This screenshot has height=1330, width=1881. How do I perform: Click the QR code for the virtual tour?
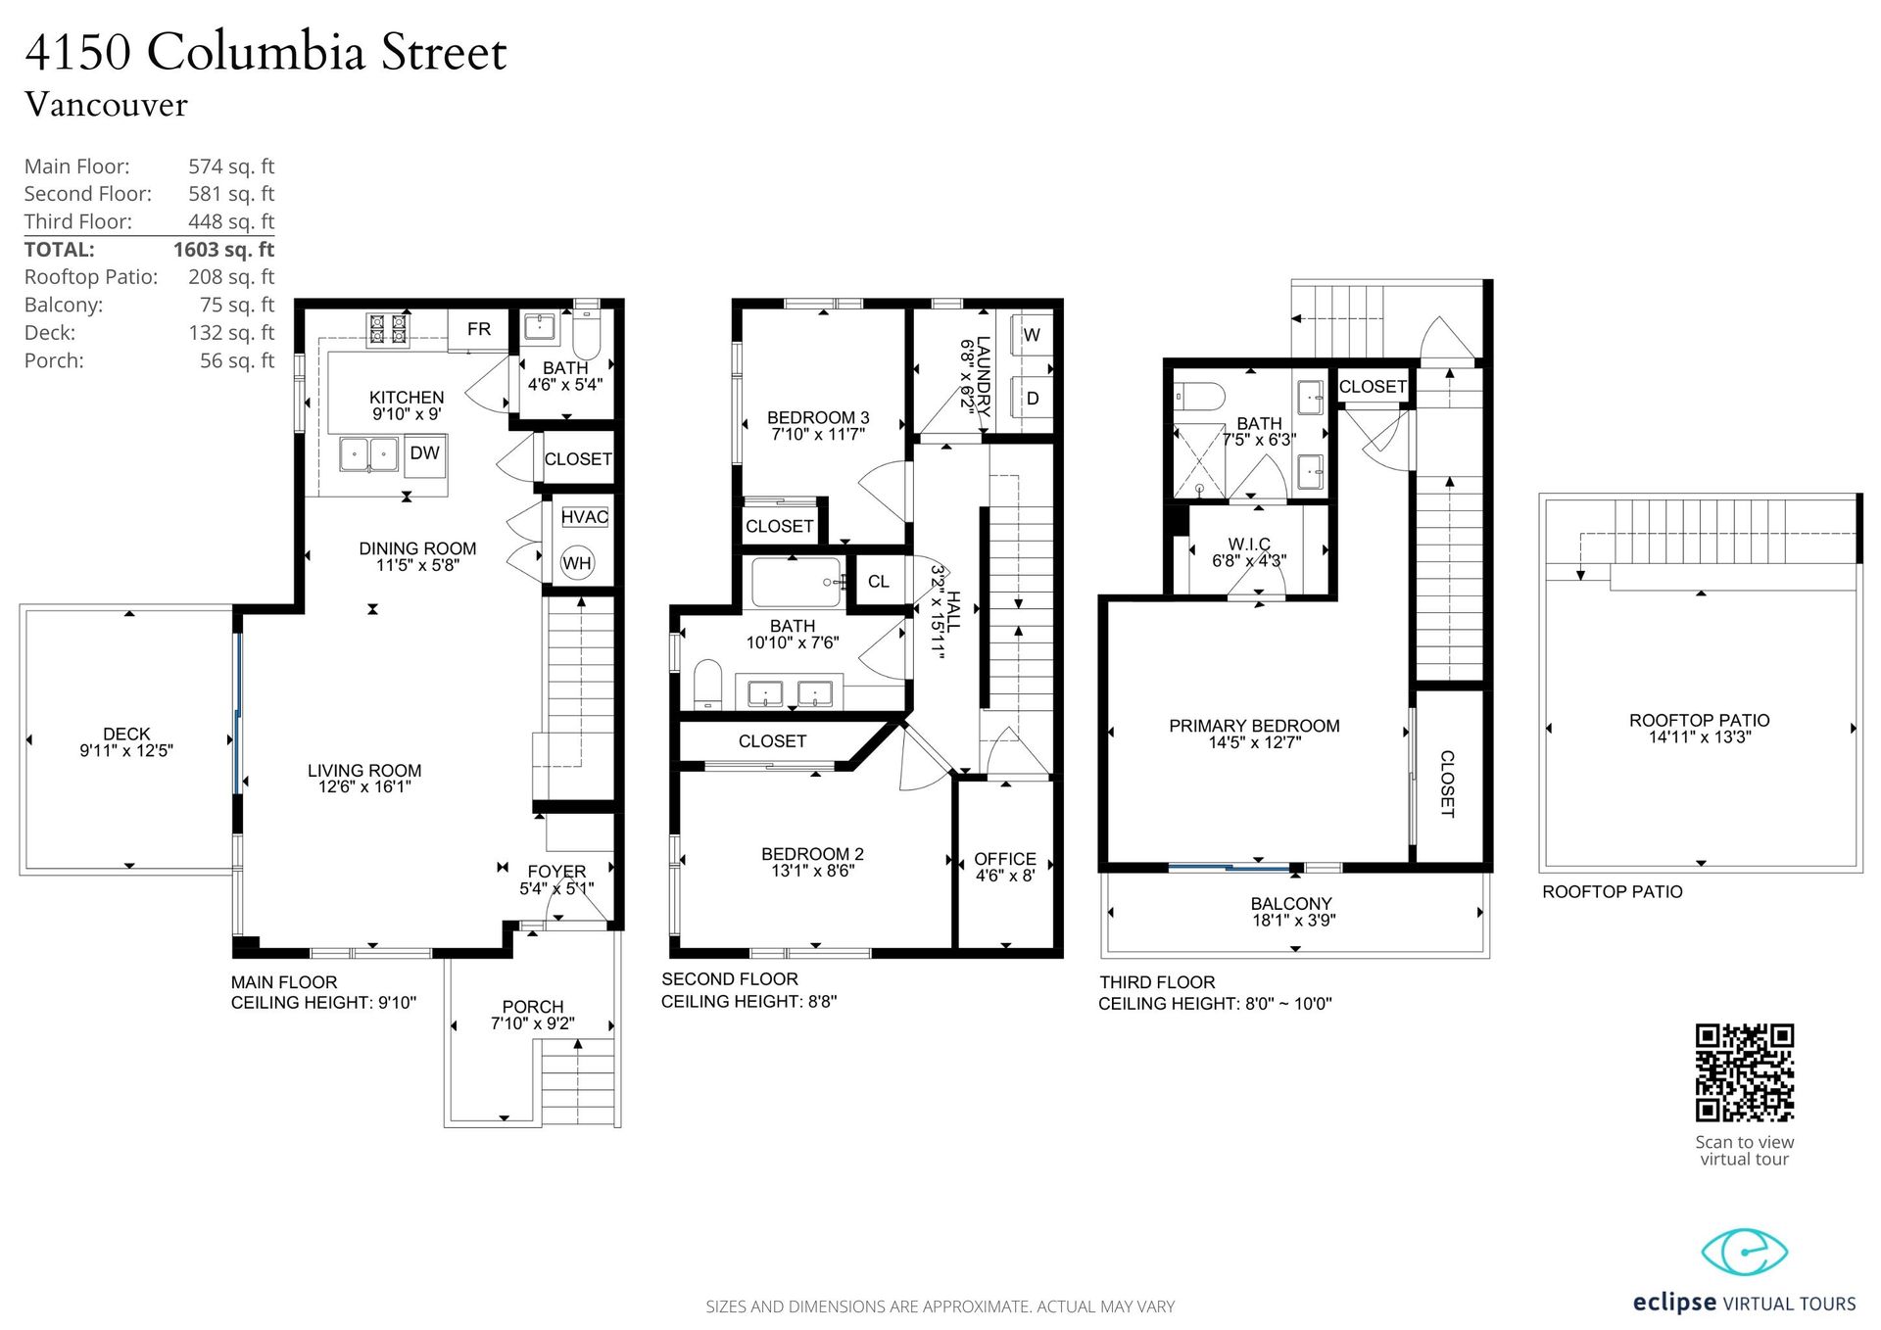(x=1744, y=1072)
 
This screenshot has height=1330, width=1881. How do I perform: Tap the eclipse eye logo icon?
(x=1744, y=1252)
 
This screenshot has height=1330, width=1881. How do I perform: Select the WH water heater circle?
(x=577, y=562)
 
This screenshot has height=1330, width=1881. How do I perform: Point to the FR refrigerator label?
(x=479, y=329)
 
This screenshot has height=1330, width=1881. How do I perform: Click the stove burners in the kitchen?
(x=388, y=329)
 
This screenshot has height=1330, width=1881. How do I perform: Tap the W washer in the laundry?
(x=1031, y=335)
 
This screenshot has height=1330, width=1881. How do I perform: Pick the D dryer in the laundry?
(x=1032, y=399)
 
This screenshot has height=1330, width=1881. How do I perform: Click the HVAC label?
(x=585, y=517)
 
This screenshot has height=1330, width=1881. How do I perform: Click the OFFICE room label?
(x=1005, y=859)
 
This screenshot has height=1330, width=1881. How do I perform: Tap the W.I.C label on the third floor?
(x=1249, y=545)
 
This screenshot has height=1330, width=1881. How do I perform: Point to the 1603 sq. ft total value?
(x=223, y=250)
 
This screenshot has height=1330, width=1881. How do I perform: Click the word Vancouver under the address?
(x=106, y=105)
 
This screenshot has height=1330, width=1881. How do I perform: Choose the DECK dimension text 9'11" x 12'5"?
(x=126, y=751)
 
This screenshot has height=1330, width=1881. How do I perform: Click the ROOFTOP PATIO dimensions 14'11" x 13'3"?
(x=1700, y=737)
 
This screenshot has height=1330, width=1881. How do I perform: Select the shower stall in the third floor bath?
(x=1200, y=460)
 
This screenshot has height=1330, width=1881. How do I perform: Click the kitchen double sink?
(x=369, y=454)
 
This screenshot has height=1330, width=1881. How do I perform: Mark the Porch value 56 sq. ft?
(x=237, y=360)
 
